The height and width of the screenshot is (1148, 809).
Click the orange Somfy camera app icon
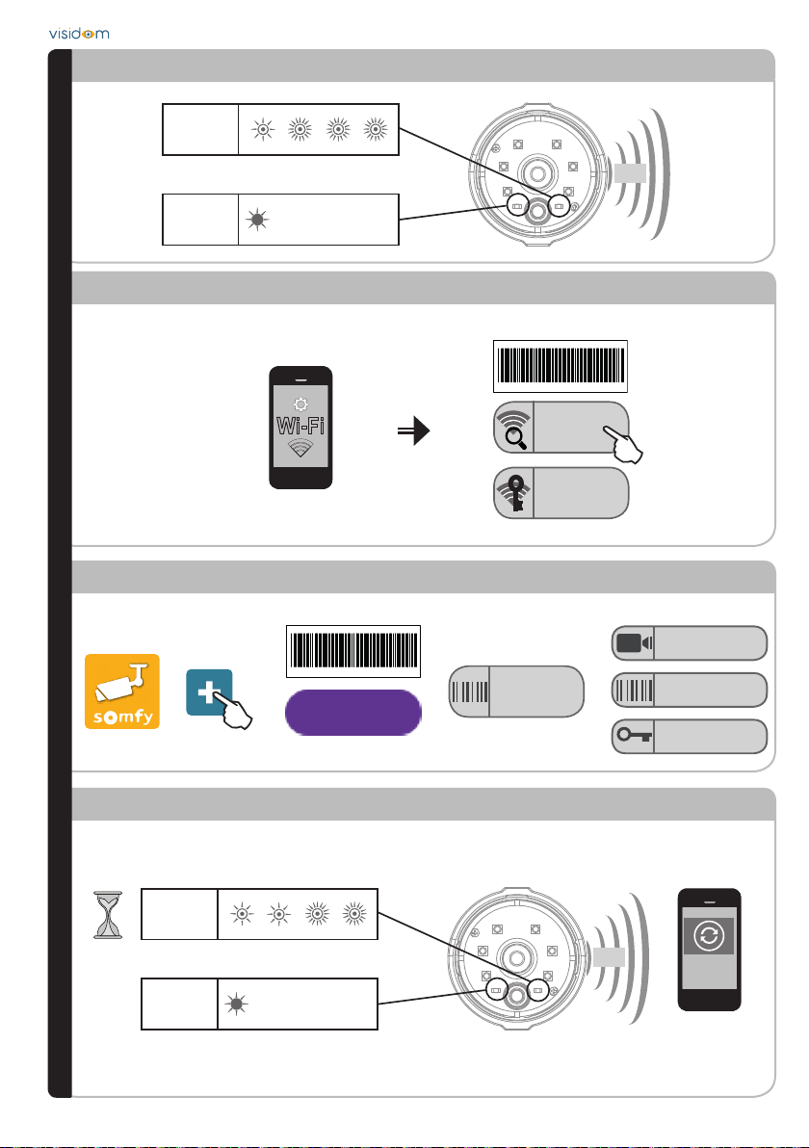pos(121,691)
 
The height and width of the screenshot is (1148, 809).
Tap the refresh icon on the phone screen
pos(708,935)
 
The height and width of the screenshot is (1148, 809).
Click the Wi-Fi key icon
pos(513,493)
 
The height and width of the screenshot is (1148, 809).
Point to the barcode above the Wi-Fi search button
pos(560,366)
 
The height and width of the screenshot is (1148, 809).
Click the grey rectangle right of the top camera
pos(632,172)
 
